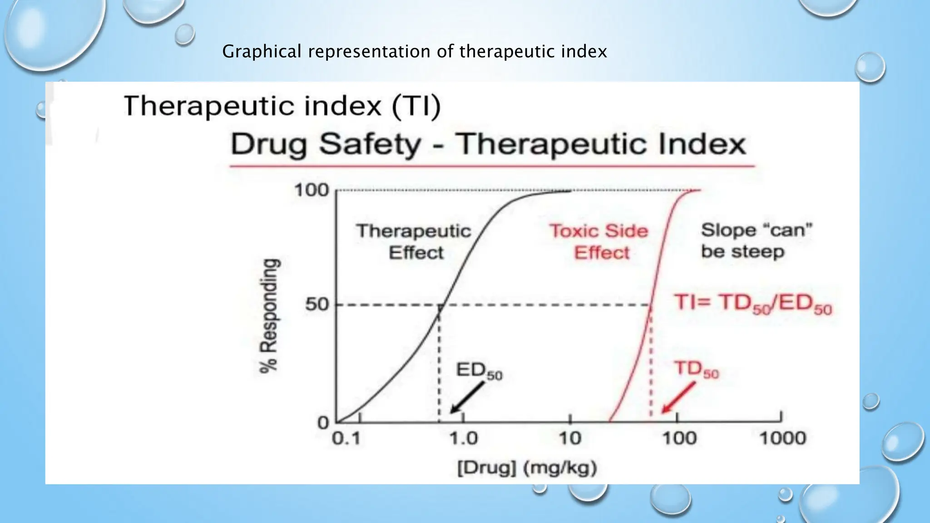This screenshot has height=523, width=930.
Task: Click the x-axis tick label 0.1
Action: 346,439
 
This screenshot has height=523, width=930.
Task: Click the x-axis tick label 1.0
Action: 464,439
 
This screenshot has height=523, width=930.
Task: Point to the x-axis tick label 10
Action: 570,439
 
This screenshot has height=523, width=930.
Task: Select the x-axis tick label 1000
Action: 782,439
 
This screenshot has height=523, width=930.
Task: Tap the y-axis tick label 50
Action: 317,304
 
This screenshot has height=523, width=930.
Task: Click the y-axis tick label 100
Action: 312,190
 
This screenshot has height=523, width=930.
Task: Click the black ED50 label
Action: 479,371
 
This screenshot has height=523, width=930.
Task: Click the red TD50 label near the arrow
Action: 696,370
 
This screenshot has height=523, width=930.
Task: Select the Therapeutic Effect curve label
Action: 414,242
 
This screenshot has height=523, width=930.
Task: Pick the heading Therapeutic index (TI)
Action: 282,106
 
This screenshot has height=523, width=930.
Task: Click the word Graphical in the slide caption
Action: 262,51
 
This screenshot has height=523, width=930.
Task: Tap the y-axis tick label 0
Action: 323,423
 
